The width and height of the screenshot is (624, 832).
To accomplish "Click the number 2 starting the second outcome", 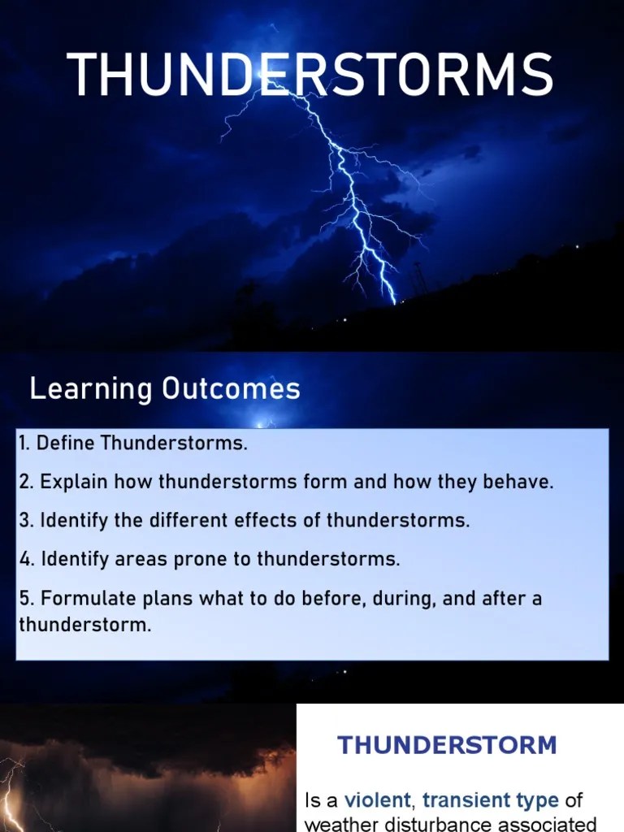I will pyautogui.click(x=24, y=482).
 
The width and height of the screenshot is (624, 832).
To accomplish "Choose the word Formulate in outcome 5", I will pyautogui.click(x=78, y=600).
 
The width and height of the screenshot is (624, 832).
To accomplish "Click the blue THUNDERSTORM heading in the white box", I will pyautogui.click(x=448, y=745).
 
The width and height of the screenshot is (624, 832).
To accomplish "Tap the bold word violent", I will pyautogui.click(x=378, y=801).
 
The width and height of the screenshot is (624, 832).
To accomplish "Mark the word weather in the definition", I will pyautogui.click(x=340, y=823).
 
